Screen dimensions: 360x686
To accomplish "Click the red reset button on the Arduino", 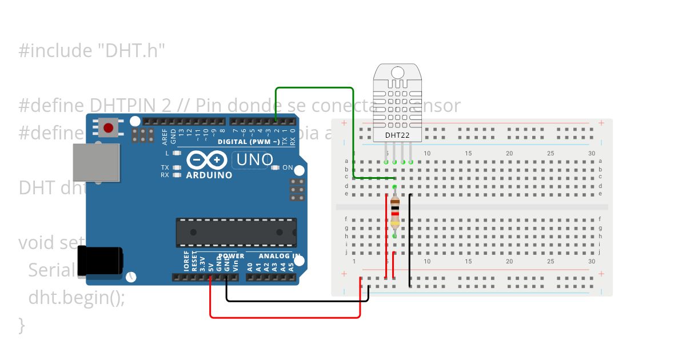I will [x=108, y=126].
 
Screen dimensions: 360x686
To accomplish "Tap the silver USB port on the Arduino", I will [x=96, y=163].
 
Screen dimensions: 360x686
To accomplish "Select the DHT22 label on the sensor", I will [x=397, y=134].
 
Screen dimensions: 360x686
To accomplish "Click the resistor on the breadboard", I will [x=394, y=211].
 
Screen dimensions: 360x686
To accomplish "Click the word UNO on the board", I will [x=254, y=159].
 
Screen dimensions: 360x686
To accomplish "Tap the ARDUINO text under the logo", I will [x=209, y=175].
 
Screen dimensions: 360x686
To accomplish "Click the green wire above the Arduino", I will [x=314, y=88].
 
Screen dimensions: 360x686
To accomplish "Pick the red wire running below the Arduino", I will [x=286, y=317].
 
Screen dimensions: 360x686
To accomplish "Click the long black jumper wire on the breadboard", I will [x=410, y=240].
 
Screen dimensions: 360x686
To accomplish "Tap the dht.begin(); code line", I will [x=76, y=298].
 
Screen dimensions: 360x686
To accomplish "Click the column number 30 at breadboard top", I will [x=591, y=153].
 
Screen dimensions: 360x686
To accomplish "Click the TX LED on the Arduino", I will [x=176, y=167].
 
